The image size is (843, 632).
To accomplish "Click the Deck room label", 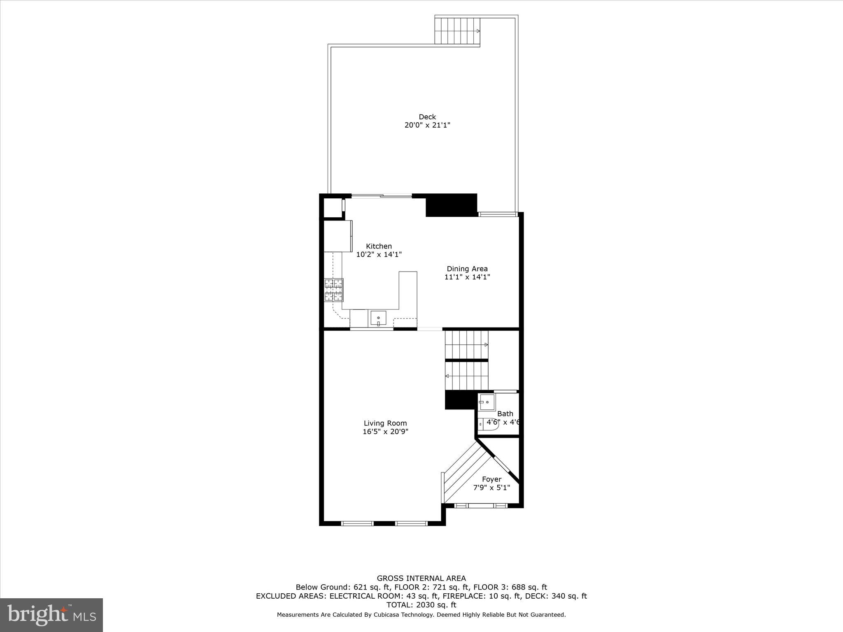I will tap(427, 117).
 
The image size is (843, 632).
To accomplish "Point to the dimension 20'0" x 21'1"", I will tap(427, 125).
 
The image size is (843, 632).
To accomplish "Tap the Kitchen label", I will tap(379, 246).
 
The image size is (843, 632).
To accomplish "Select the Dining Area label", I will tap(467, 269).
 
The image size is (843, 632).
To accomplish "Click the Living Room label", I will tap(385, 423).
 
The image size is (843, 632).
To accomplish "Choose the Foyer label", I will tap(491, 479).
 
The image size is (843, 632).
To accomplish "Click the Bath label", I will tap(505, 414).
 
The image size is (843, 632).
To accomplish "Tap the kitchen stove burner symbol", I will tap(333, 290).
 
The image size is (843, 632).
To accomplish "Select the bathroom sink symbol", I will tap(487, 402).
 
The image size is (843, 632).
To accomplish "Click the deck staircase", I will tap(457, 31).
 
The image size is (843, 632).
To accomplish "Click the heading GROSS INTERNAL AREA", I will tap(421, 579).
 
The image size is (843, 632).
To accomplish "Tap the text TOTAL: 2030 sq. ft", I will tap(421, 605).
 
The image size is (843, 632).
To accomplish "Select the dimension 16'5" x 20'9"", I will tap(385, 432).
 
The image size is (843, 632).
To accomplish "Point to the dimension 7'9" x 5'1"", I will tap(491, 488).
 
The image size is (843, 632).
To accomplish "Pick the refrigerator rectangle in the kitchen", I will tap(338, 236).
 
